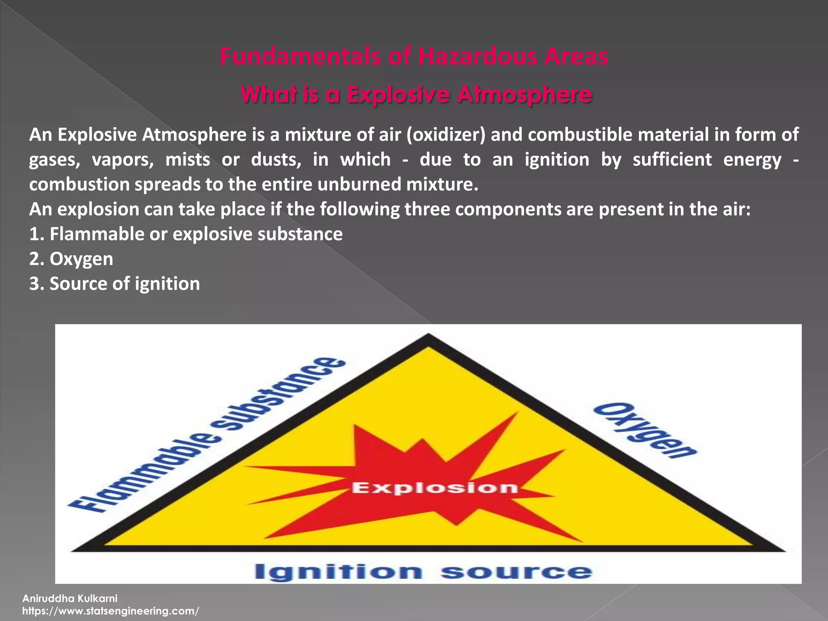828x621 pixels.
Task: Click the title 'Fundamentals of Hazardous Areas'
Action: point(414,57)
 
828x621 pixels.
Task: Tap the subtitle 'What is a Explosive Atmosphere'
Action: point(416,95)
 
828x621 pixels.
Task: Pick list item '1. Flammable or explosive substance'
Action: point(186,234)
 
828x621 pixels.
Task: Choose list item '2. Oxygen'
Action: point(71,259)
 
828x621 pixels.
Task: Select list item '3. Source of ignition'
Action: point(114,284)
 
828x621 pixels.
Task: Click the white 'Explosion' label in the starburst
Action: point(435,488)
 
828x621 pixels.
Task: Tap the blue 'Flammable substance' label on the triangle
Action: point(206,435)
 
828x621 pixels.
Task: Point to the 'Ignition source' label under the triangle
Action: point(423,572)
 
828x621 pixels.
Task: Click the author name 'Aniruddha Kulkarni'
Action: point(70,598)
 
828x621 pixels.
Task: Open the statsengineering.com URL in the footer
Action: point(110,611)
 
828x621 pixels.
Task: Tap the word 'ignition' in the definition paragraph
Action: point(557,160)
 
